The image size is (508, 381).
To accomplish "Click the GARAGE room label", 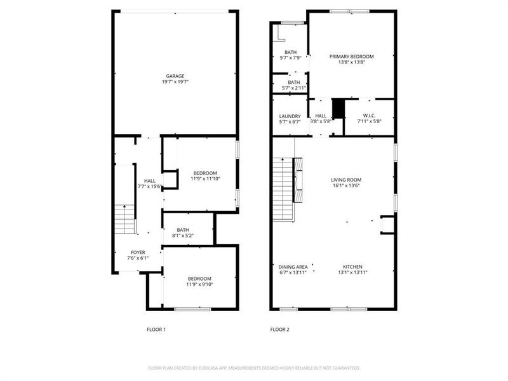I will click(x=175, y=76).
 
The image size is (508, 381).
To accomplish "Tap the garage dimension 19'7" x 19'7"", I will click(x=175, y=83).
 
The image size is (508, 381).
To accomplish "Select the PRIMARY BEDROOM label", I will click(x=351, y=57).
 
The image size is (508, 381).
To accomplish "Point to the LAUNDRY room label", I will click(x=290, y=116).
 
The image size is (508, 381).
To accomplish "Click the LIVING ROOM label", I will click(x=346, y=180).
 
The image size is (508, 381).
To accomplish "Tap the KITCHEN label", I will click(x=352, y=266).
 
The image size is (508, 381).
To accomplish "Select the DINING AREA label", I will click(x=293, y=266).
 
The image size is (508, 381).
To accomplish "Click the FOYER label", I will click(x=138, y=252).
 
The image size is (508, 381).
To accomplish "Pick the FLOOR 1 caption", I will click(x=156, y=330).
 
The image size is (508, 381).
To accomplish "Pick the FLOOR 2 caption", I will click(x=279, y=330).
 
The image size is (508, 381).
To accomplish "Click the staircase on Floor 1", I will click(x=126, y=219).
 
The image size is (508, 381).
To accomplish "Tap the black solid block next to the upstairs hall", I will click(x=338, y=109).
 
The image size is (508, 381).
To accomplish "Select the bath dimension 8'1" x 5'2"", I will click(x=182, y=236).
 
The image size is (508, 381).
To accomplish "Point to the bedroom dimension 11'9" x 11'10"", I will click(x=205, y=179).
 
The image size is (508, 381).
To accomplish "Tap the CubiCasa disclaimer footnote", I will click(x=254, y=368).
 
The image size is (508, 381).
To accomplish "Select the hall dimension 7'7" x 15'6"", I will click(x=150, y=187).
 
